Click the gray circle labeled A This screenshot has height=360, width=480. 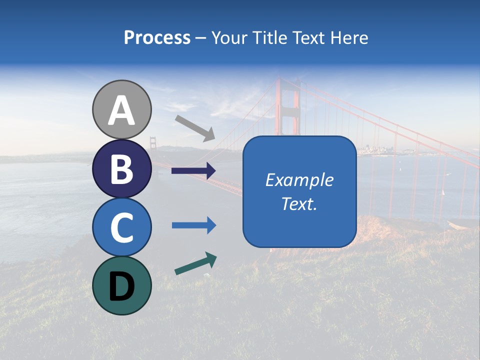coord(122,109)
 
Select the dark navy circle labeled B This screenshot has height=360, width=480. coord(122,168)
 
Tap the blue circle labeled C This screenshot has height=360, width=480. coord(122,227)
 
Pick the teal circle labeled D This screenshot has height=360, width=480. coord(122,285)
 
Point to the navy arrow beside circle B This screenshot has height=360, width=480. coord(193,171)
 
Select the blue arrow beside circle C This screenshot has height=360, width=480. coord(193,225)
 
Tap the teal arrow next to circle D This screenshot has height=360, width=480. coord(195,263)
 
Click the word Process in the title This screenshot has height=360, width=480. coord(157,37)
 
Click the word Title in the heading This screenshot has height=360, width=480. coord(270,38)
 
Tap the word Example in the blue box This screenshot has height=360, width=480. coord(299,180)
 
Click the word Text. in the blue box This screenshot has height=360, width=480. coord(299,203)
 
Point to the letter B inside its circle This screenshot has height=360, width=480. coord(122,169)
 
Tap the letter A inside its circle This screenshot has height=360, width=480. coord(122,110)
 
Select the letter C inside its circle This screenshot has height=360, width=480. coord(122,227)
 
